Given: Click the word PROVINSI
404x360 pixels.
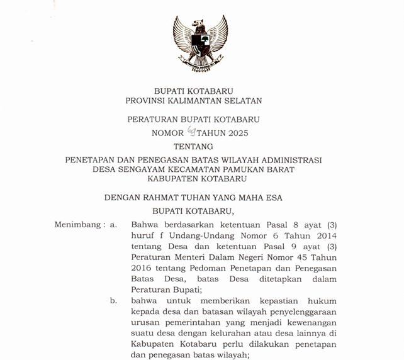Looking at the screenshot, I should pos(149,101).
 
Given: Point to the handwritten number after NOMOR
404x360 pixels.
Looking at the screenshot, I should pos(191,132).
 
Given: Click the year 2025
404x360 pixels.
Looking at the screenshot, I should pos(236,133).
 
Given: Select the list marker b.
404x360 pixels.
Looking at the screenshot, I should pos(113,301).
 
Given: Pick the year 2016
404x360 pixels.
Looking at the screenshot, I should pos(142,268).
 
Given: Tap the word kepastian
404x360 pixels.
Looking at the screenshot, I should pos(272,301).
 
